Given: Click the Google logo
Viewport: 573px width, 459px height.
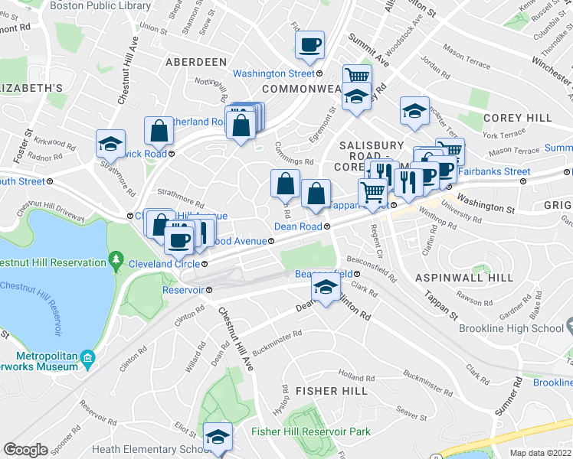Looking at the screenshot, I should pyautogui.click(x=26, y=450).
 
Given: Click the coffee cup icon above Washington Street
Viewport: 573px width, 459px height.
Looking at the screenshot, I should pyautogui.click(x=310, y=45).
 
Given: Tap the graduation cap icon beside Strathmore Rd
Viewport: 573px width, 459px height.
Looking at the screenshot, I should pyautogui.click(x=110, y=143).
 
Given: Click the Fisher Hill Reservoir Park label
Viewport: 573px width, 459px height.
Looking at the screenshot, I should pyautogui.click(x=311, y=432).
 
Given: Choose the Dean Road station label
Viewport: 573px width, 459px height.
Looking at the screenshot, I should pyautogui.click(x=297, y=226).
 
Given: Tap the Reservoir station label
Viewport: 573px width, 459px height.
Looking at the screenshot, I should pyautogui.click(x=182, y=290).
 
